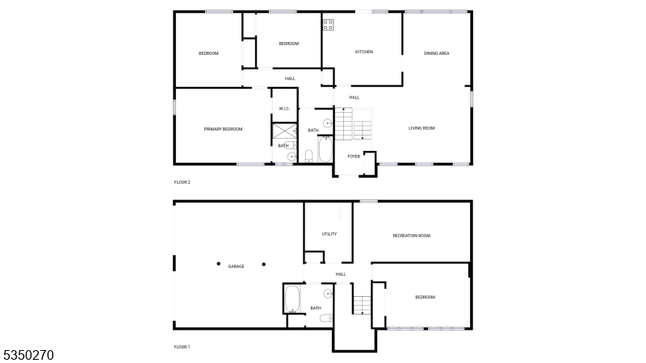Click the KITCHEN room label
tap(364, 52)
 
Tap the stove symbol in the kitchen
tap(329, 25)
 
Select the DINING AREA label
tap(437, 53)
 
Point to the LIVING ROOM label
tap(422, 128)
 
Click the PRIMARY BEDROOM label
tap(223, 129)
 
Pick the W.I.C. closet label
tap(284, 108)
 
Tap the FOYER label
tap(354, 156)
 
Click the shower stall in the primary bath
tap(283, 131)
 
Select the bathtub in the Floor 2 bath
tap(325, 150)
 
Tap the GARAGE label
tap(236, 266)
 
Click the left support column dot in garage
tap(217, 263)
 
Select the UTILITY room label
tap(329, 234)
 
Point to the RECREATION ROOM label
tap(411, 236)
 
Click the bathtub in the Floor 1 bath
tap(292, 299)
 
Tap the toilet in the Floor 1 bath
tap(325, 319)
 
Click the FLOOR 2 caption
tap(182, 182)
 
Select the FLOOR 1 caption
tap(182, 347)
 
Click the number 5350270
tap(28, 354)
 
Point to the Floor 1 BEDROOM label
tap(425, 298)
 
